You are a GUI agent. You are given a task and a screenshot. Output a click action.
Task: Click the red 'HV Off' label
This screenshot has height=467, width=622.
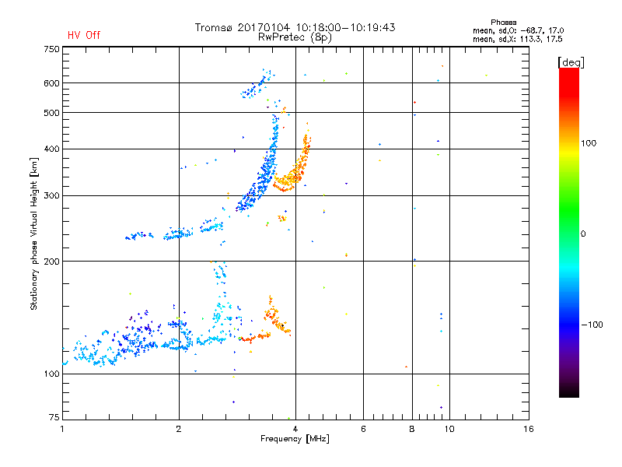coord(84,35)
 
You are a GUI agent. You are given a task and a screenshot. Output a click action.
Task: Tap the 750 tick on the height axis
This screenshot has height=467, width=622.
coord(51,49)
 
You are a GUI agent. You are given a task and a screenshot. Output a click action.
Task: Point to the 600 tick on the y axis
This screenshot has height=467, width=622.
coord(51,83)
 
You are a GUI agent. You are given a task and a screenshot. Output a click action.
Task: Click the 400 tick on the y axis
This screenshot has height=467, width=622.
coord(51,149)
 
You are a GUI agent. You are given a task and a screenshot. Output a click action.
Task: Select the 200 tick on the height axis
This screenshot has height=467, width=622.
coord(51,262)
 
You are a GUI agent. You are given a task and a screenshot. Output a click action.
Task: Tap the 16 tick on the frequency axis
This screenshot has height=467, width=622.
coord(528,429)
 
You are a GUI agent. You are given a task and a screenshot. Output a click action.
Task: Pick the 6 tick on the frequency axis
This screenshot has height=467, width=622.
coord(364,429)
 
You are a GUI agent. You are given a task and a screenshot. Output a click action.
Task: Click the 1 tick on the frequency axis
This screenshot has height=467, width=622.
coord(62,429)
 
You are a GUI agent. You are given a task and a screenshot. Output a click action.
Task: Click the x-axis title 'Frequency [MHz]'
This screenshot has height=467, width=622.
coord(295,440)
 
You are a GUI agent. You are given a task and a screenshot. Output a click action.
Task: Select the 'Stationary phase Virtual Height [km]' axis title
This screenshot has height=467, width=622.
coord(33,233)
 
